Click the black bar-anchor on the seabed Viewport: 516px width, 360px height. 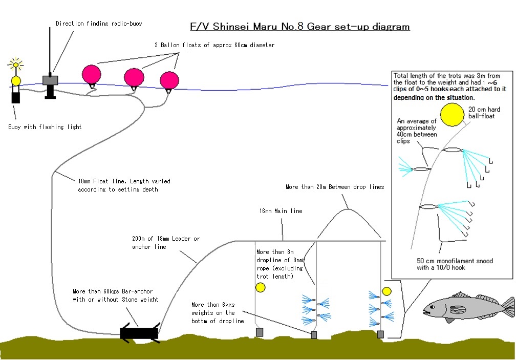click(x=139, y=333)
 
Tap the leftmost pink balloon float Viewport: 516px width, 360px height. click(x=92, y=75)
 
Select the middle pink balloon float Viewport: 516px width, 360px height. click(x=134, y=78)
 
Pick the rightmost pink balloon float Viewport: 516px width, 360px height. click(x=169, y=80)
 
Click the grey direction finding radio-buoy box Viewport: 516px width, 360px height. click(x=50, y=80)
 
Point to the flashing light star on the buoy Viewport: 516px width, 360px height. click(x=15, y=64)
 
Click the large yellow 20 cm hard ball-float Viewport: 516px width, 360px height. click(x=452, y=115)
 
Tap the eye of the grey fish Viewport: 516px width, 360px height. click(x=432, y=307)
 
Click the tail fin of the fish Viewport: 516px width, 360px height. click(x=508, y=307)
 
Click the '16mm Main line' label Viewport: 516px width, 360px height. click(x=281, y=211)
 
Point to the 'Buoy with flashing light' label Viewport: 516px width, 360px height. click(x=45, y=127)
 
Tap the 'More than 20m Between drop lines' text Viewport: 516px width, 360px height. click(x=335, y=187)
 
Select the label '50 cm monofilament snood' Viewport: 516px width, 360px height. click(x=455, y=261)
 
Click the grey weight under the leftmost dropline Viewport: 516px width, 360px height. click(x=260, y=332)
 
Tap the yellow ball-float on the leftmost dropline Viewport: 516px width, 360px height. click(x=260, y=288)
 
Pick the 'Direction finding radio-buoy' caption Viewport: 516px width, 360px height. click(x=99, y=24)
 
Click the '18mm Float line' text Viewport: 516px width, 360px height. click(x=102, y=181)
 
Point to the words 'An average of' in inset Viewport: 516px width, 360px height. click(x=417, y=121)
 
